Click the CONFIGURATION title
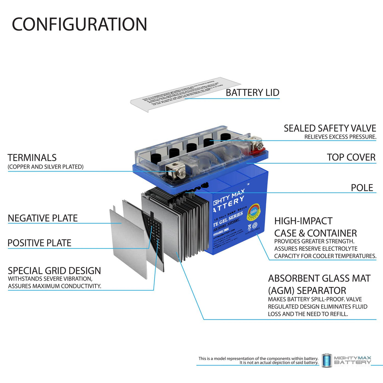click(x=79, y=24)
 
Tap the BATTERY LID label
click(x=252, y=93)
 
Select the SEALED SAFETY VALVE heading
click(x=330, y=128)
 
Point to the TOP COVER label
click(x=351, y=157)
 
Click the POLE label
click(x=362, y=188)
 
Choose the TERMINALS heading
click(x=32, y=158)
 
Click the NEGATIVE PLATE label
click(x=43, y=218)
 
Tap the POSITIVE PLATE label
click(x=39, y=243)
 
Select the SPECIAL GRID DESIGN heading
click(x=54, y=271)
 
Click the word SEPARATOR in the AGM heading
click(x=321, y=290)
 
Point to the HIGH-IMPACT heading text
click(x=303, y=221)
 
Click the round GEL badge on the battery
click(x=253, y=212)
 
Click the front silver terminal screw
click(x=181, y=172)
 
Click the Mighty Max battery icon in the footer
click(x=326, y=360)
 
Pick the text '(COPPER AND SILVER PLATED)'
click(x=45, y=167)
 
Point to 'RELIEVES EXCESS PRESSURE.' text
click(x=340, y=137)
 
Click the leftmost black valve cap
click(x=156, y=158)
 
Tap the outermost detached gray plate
click(x=128, y=241)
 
